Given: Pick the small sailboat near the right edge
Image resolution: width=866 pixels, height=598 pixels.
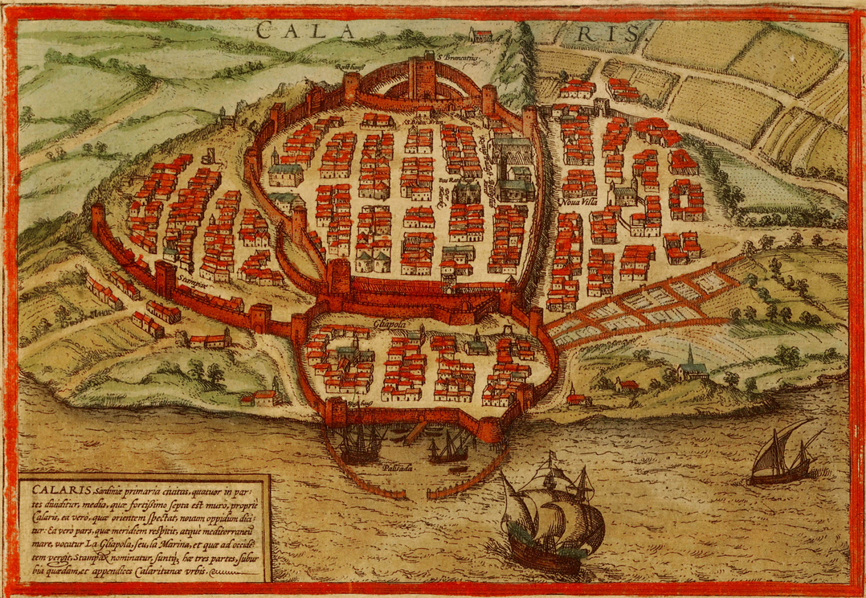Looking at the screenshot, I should click(x=779, y=458).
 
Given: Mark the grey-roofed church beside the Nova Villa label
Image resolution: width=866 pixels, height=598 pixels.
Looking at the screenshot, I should click(x=623, y=193).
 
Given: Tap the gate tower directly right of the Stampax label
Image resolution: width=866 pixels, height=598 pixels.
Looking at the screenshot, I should click(x=165, y=277).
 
